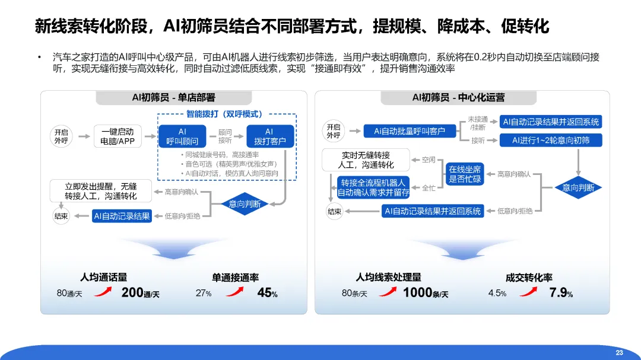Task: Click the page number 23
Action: coord(619,353)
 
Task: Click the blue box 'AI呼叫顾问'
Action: coord(182,136)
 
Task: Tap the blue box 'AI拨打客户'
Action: coord(270,136)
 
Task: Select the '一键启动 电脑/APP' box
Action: coord(118,136)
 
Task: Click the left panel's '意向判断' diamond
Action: coord(249,203)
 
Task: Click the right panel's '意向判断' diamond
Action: coord(578,187)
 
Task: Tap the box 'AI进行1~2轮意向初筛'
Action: coord(551,141)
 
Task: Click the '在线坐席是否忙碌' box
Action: coord(465,174)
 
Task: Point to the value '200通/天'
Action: coord(140,293)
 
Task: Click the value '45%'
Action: coord(267,293)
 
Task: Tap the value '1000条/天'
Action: coord(425,293)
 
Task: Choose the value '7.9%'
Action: coord(561,293)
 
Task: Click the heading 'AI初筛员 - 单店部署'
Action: coord(173,97)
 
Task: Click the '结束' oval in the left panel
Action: coord(61,216)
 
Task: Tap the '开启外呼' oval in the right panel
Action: coord(334,131)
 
